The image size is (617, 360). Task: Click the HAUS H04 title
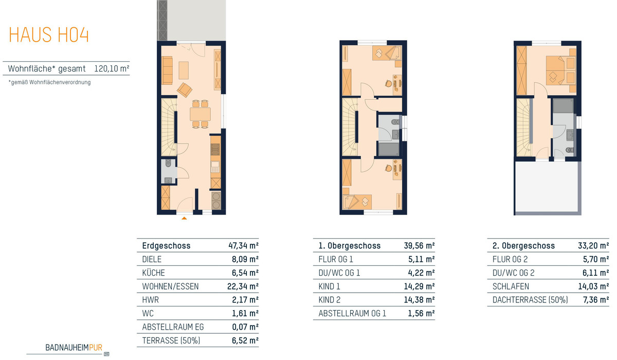[x=49, y=34]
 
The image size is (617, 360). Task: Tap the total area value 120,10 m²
[x=112, y=68]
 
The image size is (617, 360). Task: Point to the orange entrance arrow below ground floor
[x=184, y=218]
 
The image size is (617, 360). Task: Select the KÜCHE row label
[x=153, y=273]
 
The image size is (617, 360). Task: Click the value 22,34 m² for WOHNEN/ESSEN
[x=243, y=286]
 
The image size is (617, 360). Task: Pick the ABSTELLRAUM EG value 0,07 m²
[x=245, y=327]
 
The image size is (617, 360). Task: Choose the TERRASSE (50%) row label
[x=171, y=340]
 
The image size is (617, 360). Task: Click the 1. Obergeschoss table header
[x=350, y=245]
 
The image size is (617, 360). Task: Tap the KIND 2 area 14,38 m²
[x=419, y=300]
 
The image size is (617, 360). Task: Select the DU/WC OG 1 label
[x=339, y=273]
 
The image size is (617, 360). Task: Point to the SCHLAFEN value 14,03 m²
[x=593, y=286]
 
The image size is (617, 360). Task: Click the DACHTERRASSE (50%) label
[x=530, y=300]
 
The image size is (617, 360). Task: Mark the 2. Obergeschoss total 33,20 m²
[x=593, y=245]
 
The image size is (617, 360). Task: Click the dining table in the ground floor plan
[x=200, y=114]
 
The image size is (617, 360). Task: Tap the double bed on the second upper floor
[x=561, y=70]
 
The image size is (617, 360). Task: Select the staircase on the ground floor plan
[x=169, y=127]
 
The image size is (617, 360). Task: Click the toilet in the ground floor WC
[x=168, y=164]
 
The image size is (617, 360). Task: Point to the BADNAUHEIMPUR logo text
[x=74, y=348]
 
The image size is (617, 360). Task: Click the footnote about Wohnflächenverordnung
[x=49, y=82]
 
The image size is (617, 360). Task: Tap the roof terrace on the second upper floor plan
[x=547, y=187]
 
